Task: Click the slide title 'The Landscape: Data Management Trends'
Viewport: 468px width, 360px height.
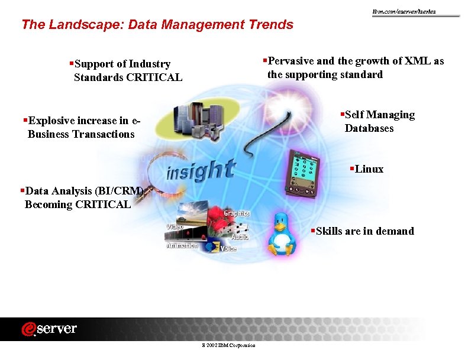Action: [157, 25]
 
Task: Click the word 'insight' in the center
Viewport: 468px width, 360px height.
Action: [201, 171]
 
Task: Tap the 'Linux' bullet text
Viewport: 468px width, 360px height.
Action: [369, 169]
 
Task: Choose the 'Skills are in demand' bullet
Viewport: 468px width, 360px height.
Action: [364, 231]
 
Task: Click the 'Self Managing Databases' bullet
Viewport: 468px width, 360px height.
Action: [379, 121]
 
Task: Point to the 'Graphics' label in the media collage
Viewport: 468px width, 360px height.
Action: [237, 213]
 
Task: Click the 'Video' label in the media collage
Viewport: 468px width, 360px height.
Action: [175, 226]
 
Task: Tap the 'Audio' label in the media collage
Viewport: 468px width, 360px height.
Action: [240, 236]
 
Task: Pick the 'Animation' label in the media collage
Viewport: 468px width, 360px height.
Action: [182, 245]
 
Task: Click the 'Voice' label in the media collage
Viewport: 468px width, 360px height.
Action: [228, 249]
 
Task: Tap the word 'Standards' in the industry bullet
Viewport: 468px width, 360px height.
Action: [98, 77]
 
